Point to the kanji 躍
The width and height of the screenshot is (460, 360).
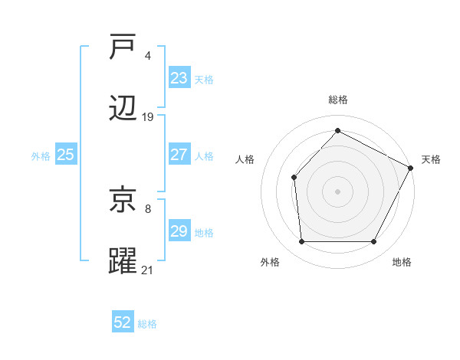tap(123, 260)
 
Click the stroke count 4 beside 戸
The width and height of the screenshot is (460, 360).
tap(147, 55)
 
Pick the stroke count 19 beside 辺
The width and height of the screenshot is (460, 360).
tap(148, 117)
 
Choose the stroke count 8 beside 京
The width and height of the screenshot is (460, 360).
tap(147, 208)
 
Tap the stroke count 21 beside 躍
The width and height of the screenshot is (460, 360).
tap(148, 270)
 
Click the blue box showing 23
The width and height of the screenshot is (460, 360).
tap(179, 78)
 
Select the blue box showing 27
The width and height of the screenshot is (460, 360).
tap(179, 155)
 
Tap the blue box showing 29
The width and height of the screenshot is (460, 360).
tap(179, 231)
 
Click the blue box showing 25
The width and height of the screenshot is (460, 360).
tap(65, 155)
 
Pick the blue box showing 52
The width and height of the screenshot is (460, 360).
tap(123, 322)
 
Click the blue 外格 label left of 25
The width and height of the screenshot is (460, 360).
tap(41, 156)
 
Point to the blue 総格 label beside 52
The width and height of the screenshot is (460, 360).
tap(147, 324)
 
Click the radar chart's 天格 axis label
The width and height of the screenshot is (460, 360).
tap(431, 159)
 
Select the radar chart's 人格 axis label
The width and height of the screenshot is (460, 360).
tap(245, 159)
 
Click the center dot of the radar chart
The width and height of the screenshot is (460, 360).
tap(337, 191)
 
